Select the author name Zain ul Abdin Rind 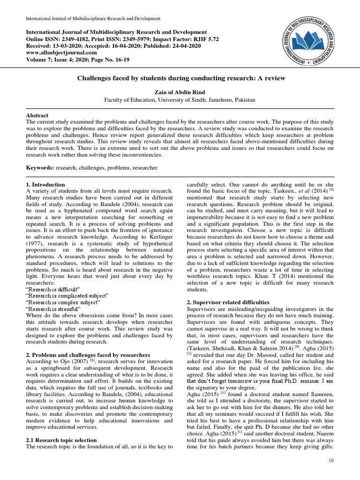point(180,92)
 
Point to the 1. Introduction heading point(45,185)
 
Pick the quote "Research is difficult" point(53,289)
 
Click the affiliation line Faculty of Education point(180,99)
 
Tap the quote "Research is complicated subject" point(67,296)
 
